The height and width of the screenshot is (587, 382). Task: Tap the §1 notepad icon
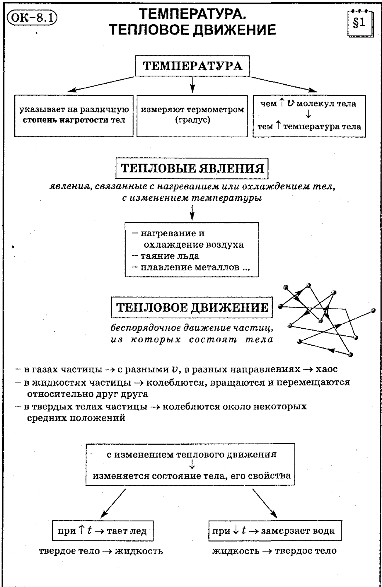tap(359, 23)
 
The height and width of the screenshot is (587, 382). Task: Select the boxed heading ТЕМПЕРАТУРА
tap(192, 66)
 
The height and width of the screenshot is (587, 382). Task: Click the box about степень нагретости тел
tap(74, 116)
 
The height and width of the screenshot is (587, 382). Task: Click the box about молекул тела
tap(309, 116)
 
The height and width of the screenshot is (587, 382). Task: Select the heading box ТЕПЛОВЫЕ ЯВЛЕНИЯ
tap(192, 169)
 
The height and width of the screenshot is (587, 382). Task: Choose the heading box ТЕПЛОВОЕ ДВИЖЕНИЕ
tap(192, 307)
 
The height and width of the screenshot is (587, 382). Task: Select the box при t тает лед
tap(102, 531)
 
